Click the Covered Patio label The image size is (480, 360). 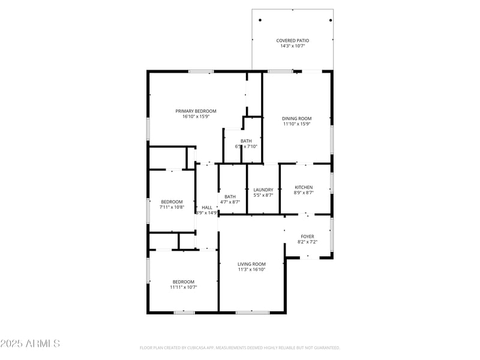[x=292, y=40]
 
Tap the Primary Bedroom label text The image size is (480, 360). [x=196, y=111]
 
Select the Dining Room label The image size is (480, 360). [x=296, y=118]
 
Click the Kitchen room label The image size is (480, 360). [x=303, y=187]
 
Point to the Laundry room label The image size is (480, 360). [x=263, y=190]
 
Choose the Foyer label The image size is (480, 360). [x=307, y=236]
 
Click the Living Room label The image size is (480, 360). [x=251, y=264]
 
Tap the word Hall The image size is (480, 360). [x=206, y=207]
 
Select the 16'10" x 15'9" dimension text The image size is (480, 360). [x=196, y=116]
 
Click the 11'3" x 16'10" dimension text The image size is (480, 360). [x=251, y=269]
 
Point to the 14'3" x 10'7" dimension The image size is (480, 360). [x=292, y=46]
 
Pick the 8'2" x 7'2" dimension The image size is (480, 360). [x=307, y=242]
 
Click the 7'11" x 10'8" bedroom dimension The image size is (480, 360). [x=172, y=207]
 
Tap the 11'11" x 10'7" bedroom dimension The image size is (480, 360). [x=183, y=287]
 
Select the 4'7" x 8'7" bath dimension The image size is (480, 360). [x=230, y=202]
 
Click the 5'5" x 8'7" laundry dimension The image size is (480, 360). [x=263, y=195]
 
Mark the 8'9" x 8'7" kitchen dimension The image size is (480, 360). [x=303, y=193]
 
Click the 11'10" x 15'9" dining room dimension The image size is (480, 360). [x=296, y=124]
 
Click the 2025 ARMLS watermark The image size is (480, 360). [x=30, y=344]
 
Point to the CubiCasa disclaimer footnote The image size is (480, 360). [x=239, y=347]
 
